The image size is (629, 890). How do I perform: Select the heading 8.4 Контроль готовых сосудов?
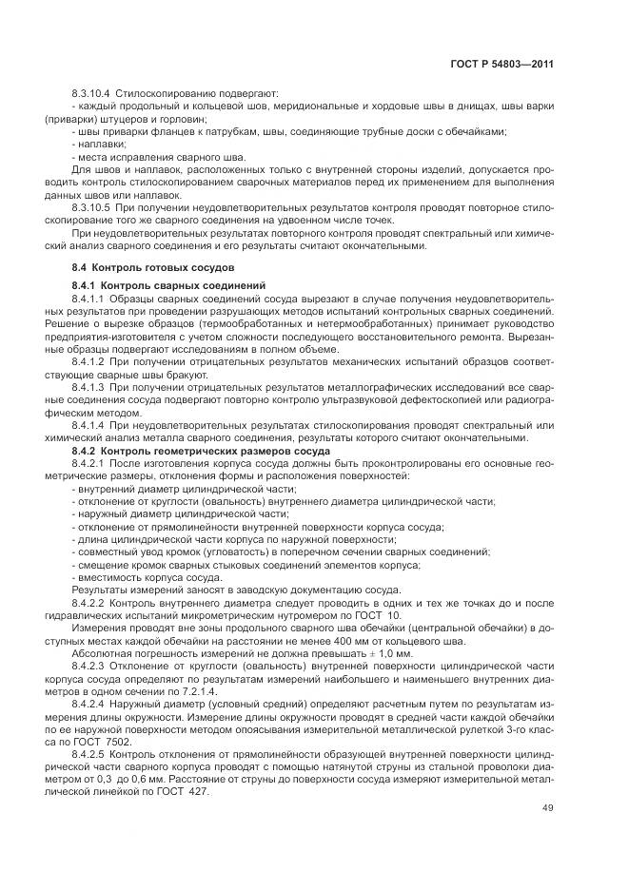(135, 269)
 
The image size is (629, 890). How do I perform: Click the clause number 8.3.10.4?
(90, 94)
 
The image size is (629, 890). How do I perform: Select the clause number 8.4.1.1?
(88, 298)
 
